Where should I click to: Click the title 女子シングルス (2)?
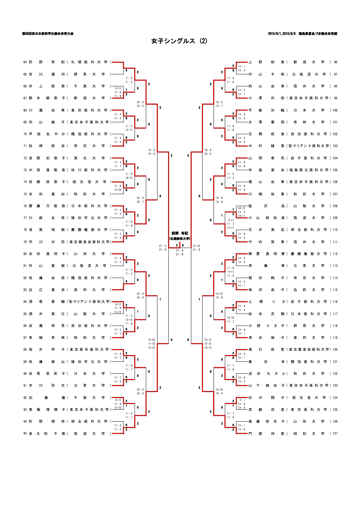(179, 41)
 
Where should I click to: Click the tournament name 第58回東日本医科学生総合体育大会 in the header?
(48, 33)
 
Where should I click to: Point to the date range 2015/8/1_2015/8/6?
(282, 33)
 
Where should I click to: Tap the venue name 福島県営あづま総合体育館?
(318, 33)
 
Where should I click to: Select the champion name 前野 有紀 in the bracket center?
(180, 233)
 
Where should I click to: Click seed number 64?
(25, 62)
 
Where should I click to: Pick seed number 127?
(335, 433)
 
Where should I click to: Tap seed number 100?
(335, 110)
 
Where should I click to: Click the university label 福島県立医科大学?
(309, 170)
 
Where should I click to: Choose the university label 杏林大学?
(309, 122)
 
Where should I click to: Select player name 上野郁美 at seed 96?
(266, 62)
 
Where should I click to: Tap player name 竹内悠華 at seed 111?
(266, 242)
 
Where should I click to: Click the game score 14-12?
(129, 178)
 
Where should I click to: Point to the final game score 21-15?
(197, 246)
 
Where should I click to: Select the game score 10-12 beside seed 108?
(242, 208)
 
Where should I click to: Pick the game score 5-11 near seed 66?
(118, 88)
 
